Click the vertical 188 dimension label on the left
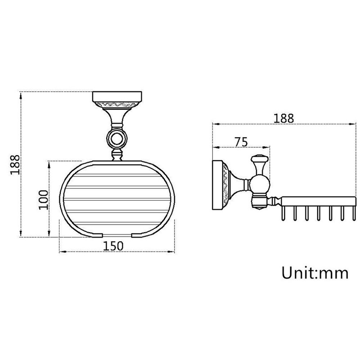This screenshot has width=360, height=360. (15, 165)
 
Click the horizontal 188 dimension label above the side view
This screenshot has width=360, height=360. (283, 118)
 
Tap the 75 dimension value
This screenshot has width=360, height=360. (241, 142)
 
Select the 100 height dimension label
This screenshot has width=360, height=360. (44, 200)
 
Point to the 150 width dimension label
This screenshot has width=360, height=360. (113, 246)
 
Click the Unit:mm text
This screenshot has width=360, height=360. (315, 273)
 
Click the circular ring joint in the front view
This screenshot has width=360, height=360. (117, 139)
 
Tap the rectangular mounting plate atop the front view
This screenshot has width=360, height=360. (117, 97)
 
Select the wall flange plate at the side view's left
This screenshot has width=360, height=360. (217, 185)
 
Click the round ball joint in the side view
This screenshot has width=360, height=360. (259, 184)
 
